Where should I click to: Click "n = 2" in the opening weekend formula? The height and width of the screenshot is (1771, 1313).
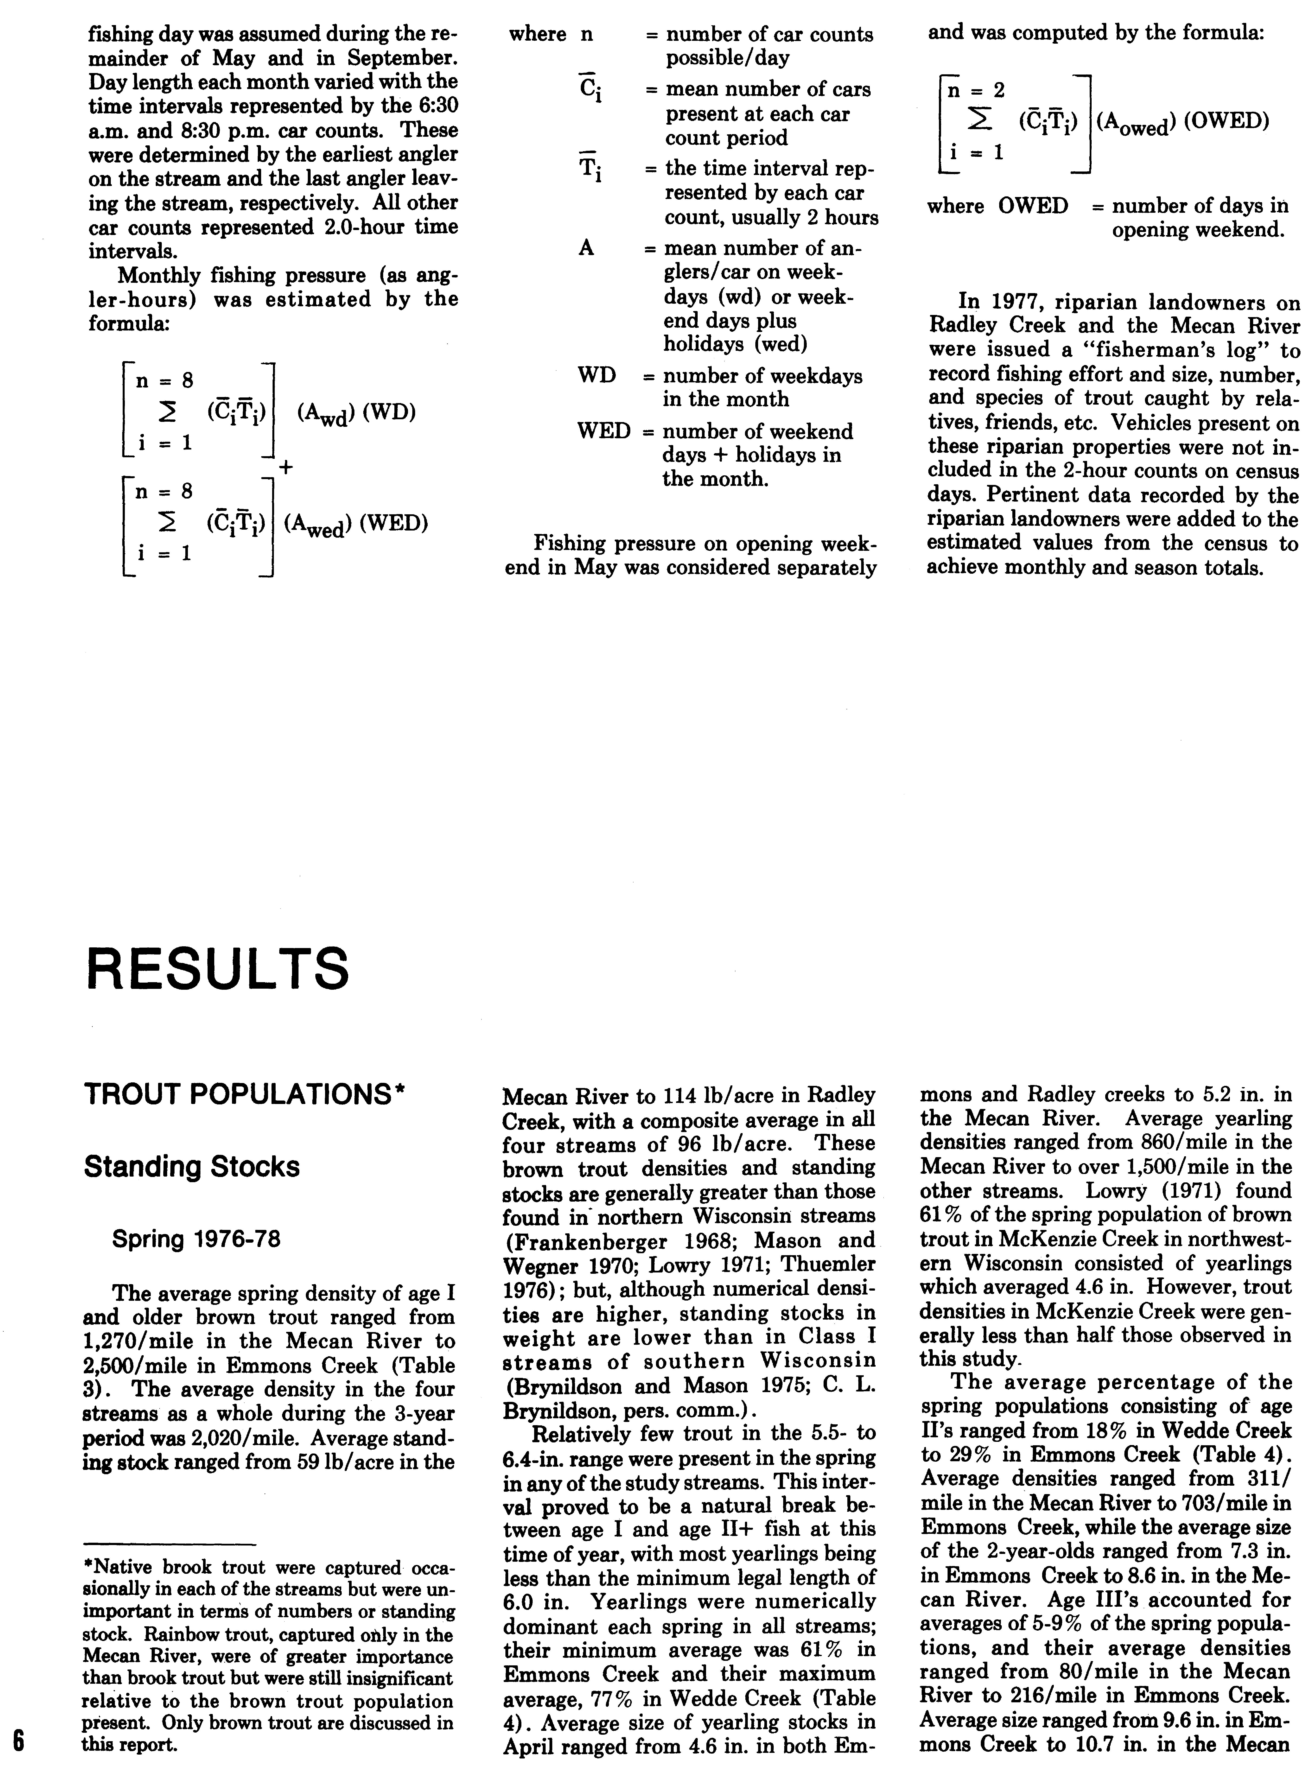tap(977, 90)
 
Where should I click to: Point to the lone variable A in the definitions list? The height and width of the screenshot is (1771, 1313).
tap(586, 248)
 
